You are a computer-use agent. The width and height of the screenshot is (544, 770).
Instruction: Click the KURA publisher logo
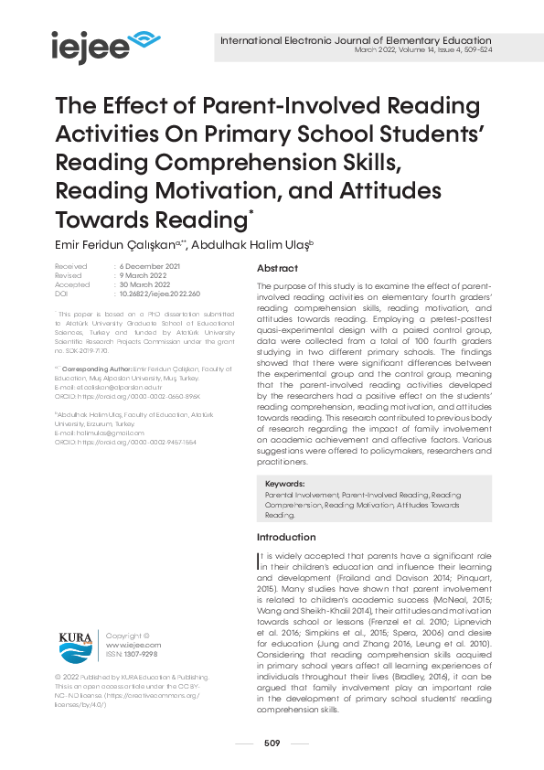pos(75,644)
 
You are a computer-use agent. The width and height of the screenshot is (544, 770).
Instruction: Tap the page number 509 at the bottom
pos(272,743)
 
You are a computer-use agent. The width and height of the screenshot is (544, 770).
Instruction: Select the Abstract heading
pos(277,268)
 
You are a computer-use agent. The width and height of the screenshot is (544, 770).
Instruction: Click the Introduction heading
pos(286,537)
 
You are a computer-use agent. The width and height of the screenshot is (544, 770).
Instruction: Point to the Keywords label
pos(284,484)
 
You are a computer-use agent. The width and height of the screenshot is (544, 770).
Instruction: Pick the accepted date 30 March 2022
pos(147,285)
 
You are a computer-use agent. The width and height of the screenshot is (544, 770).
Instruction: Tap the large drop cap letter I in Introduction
pos(260,559)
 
